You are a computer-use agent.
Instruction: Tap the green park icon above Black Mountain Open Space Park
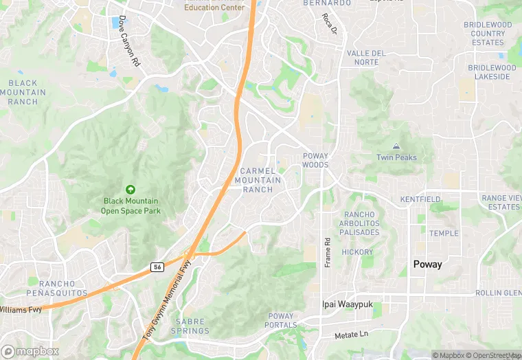click(x=130, y=189)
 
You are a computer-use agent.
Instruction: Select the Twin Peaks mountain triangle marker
click(x=396, y=146)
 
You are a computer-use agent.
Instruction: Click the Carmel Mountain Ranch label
click(x=258, y=180)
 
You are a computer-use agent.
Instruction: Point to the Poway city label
click(x=427, y=265)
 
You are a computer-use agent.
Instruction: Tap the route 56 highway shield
click(x=157, y=267)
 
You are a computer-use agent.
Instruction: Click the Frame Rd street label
click(x=328, y=252)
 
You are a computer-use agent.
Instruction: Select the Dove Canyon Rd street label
click(x=129, y=41)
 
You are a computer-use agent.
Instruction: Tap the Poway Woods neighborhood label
click(x=315, y=160)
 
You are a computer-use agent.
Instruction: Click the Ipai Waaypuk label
click(x=344, y=303)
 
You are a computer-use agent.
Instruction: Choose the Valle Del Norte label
click(x=367, y=58)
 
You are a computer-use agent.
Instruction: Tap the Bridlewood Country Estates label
click(x=488, y=34)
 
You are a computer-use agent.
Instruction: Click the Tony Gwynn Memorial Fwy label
click(x=167, y=295)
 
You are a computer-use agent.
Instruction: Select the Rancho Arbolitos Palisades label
click(x=359, y=223)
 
